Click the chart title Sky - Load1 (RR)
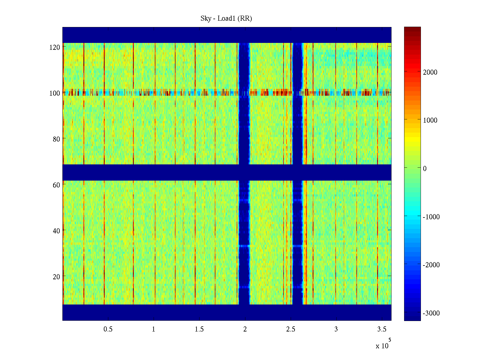[x=226, y=19]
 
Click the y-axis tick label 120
[x=55, y=47]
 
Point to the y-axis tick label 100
[x=55, y=93]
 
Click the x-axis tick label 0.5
[x=108, y=329]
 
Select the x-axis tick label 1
[x=154, y=329]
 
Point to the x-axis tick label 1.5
[x=199, y=329]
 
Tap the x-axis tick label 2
[x=245, y=329]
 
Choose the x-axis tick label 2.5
[x=291, y=329]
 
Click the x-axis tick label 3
[x=336, y=329]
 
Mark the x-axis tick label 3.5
[x=382, y=329]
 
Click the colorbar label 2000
[x=430, y=72]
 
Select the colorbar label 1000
[x=430, y=120]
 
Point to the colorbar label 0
[x=425, y=169]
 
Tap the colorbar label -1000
[x=431, y=217]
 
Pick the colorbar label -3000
[x=431, y=313]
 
